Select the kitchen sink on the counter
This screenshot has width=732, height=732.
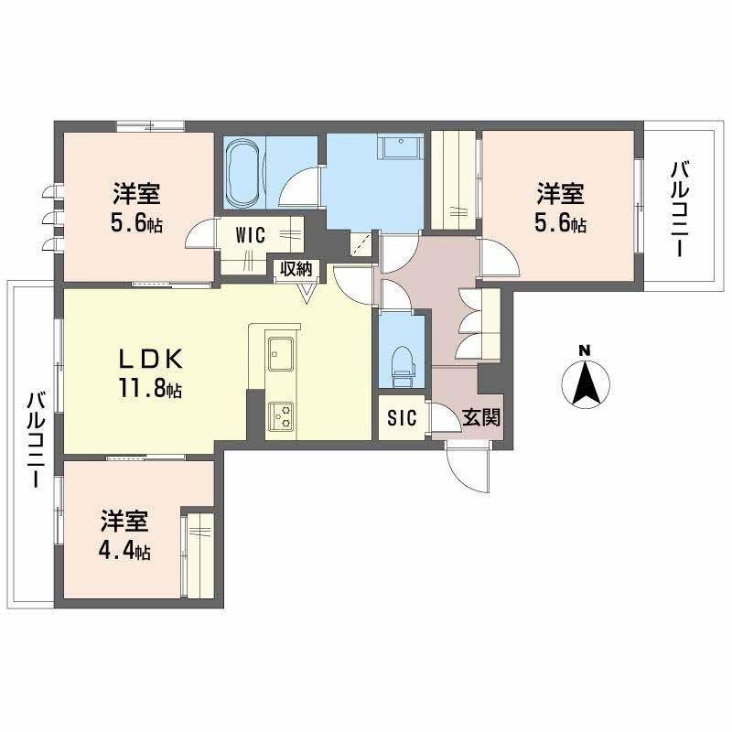pyautogui.click(x=280, y=349)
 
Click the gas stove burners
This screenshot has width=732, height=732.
pyautogui.click(x=280, y=415)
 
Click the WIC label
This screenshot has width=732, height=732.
pyautogui.click(x=250, y=234)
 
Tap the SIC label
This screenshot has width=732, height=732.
pyautogui.click(x=402, y=418)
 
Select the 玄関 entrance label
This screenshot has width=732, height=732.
pyautogui.click(x=479, y=418)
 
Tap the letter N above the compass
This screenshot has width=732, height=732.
pyautogui.click(x=586, y=349)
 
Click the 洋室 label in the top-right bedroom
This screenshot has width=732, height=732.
pyautogui.click(x=561, y=193)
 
